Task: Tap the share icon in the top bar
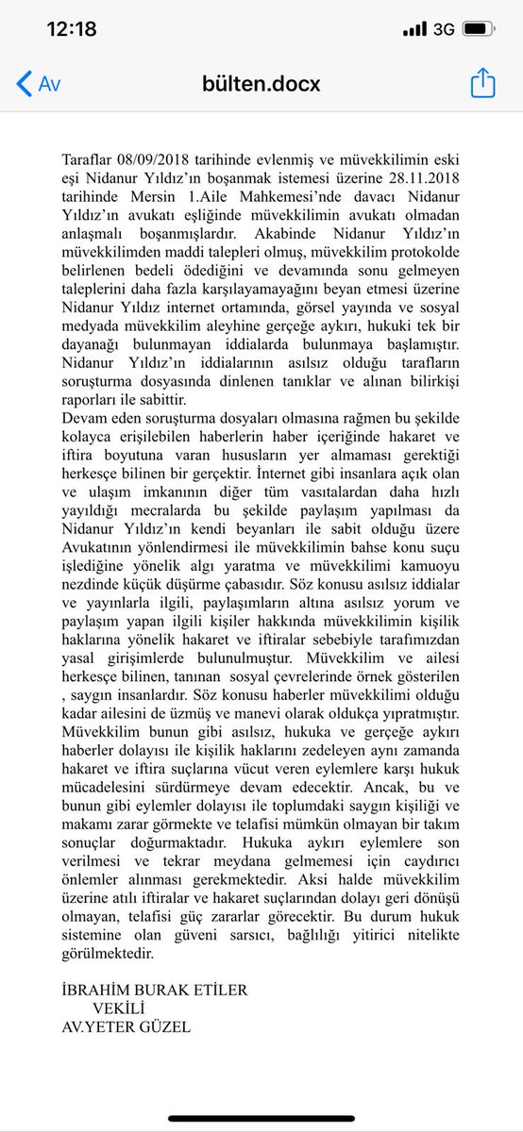[482, 83]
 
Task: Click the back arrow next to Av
[24, 83]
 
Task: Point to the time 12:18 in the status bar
[72, 29]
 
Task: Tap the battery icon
[481, 29]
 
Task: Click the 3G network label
[444, 29]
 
